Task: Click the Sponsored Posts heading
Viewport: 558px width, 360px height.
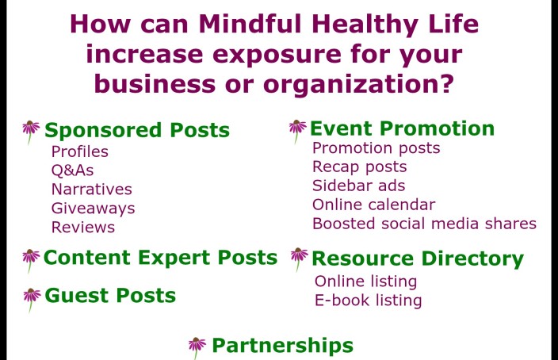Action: (137, 130)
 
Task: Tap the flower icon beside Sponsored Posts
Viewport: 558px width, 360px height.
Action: (31, 132)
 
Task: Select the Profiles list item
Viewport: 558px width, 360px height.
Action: (80, 151)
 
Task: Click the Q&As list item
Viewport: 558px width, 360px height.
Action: (73, 170)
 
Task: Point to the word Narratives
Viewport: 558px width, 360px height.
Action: (92, 189)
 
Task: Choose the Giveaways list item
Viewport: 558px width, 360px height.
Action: (94, 209)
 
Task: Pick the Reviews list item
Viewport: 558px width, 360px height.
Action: (83, 228)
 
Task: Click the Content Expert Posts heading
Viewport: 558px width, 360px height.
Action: (160, 258)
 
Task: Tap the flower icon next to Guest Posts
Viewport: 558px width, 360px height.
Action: (32, 300)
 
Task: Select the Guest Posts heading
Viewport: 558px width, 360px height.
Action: (110, 296)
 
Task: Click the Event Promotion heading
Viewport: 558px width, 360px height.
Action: (402, 128)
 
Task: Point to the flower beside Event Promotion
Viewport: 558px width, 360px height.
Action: (297, 132)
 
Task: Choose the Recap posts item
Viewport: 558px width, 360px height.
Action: (359, 167)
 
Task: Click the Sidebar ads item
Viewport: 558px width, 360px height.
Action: (359, 186)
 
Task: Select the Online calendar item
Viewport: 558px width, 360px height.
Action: (373, 205)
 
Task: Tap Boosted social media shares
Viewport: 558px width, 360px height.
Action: (424, 224)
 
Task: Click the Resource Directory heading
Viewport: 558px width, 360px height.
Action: (418, 259)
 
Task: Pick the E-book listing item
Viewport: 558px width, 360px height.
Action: (369, 301)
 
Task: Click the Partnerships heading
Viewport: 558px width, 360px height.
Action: (282, 346)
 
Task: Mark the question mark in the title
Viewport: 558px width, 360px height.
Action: (446, 83)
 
